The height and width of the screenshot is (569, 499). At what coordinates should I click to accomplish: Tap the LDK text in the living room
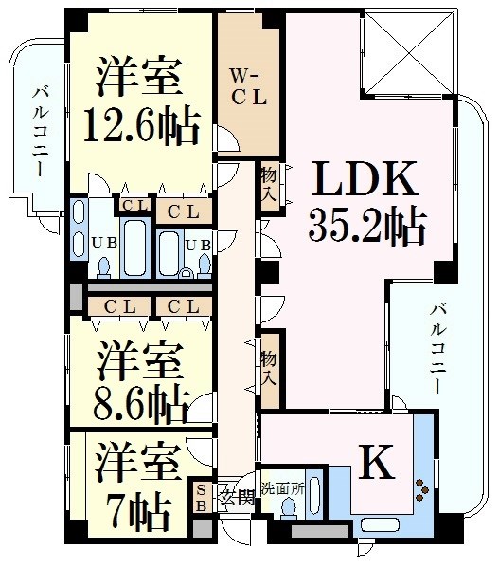(x=365, y=178)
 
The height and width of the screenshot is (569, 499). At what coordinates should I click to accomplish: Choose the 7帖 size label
(x=138, y=513)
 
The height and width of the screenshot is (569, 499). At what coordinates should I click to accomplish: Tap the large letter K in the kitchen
(x=378, y=461)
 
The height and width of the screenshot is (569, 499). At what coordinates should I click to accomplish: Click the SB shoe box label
(x=201, y=498)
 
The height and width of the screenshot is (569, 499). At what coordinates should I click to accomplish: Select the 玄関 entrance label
(x=237, y=498)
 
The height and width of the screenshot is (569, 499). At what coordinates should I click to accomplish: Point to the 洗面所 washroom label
(x=283, y=489)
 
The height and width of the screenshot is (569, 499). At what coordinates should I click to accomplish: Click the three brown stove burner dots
(x=422, y=490)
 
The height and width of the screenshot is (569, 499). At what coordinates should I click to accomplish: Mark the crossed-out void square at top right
(x=408, y=53)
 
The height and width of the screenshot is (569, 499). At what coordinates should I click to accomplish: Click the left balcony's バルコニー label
(x=40, y=131)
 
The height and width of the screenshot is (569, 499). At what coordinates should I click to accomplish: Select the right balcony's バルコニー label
(x=438, y=349)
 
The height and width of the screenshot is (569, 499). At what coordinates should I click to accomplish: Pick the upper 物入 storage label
(x=270, y=184)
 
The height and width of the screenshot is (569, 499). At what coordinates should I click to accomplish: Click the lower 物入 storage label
(x=270, y=368)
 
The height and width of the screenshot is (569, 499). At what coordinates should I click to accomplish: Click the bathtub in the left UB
(x=135, y=248)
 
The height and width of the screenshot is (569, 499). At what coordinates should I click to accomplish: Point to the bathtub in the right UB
(x=169, y=254)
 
